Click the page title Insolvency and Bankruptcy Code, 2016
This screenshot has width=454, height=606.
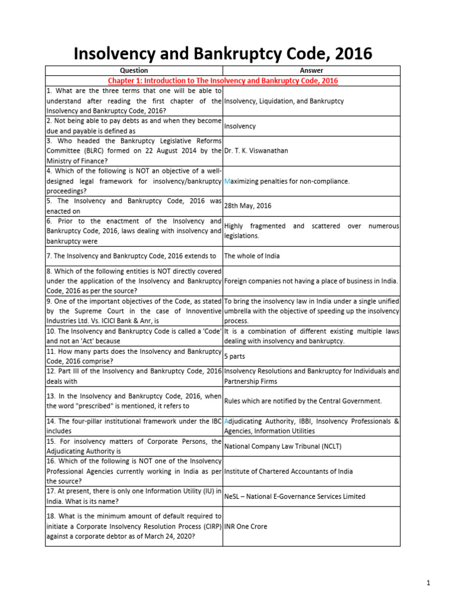(222, 54)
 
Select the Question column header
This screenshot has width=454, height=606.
(134, 70)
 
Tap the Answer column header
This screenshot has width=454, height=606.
(312, 70)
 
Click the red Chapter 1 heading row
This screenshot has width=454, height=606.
(222, 80)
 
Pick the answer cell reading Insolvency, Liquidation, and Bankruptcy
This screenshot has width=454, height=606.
(284, 101)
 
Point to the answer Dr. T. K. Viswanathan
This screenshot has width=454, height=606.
(256, 151)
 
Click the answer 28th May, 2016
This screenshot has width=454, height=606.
(248, 206)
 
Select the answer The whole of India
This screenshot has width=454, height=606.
(252, 256)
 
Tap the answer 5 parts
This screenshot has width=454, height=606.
(235, 357)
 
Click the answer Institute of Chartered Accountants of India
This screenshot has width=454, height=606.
(288, 471)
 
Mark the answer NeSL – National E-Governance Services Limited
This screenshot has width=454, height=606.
(295, 497)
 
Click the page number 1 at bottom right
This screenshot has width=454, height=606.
(428, 584)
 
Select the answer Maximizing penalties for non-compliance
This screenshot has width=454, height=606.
(287, 181)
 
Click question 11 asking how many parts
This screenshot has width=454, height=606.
(134, 356)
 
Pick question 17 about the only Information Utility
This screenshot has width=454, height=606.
(134, 497)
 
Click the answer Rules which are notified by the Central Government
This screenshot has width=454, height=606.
(303, 401)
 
